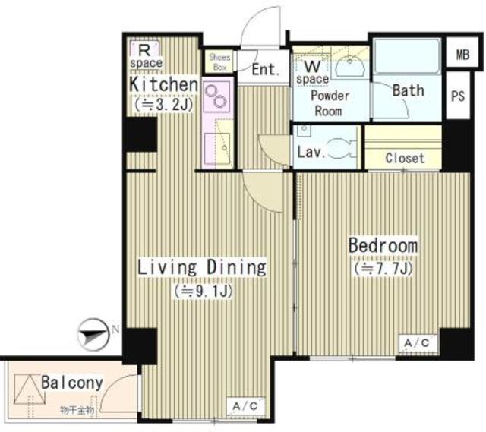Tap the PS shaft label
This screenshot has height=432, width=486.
459,96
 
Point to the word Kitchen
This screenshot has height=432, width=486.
164,84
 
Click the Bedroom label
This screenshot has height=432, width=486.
383,246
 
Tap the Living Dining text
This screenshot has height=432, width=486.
201,267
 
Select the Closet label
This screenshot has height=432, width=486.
404,159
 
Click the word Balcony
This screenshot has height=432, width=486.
72,383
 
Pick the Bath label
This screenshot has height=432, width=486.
408,90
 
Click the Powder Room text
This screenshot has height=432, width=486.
330,103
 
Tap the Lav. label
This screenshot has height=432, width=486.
311,151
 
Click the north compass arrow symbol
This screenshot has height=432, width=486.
93,331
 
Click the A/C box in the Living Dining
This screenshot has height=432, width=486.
244,405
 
